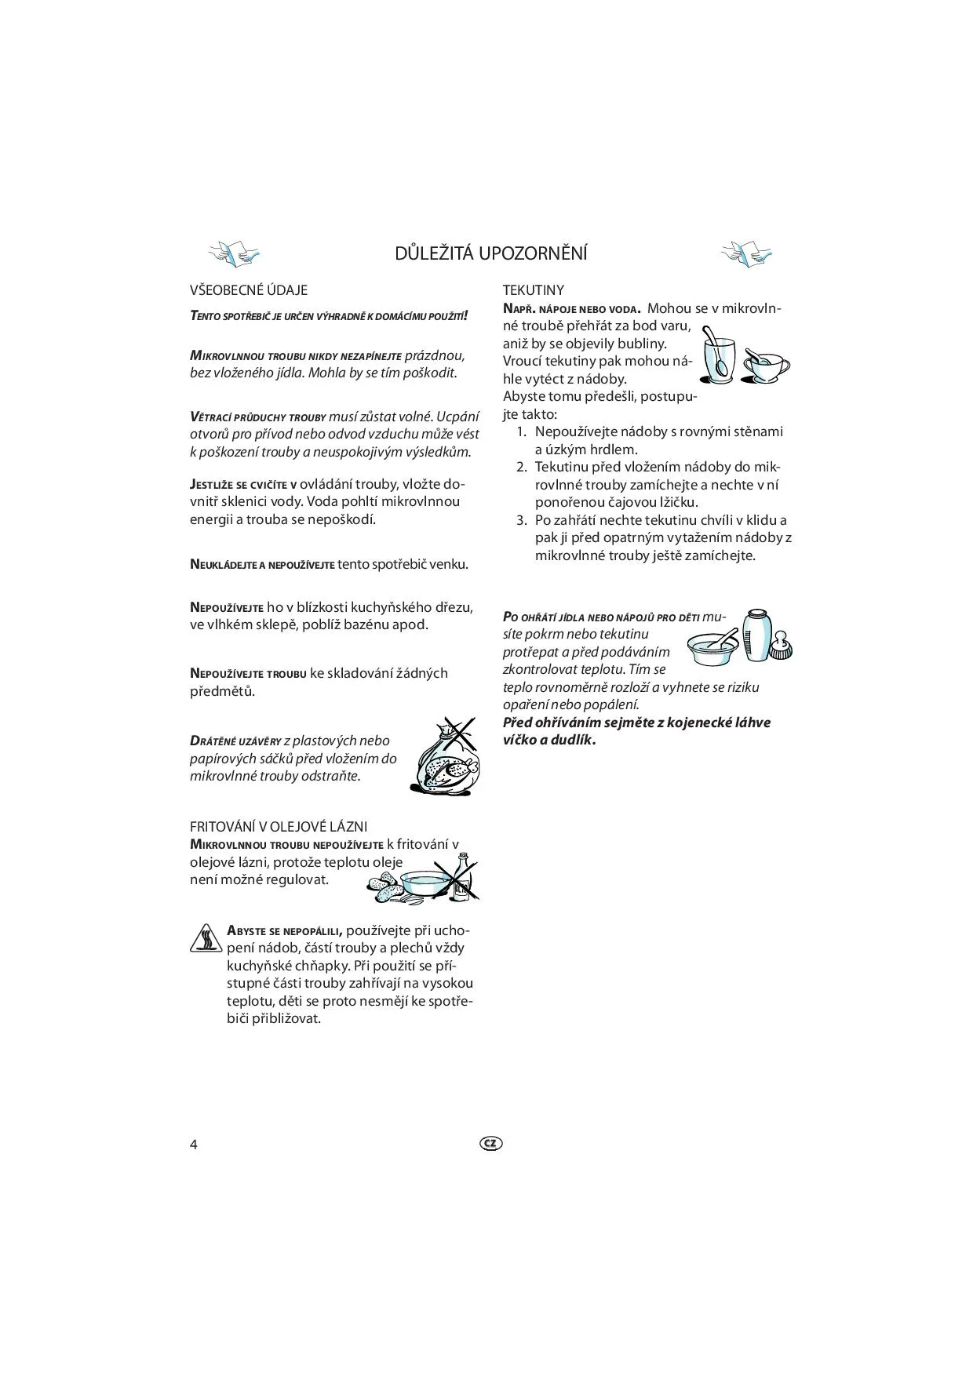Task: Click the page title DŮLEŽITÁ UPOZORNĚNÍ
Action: pos(491,253)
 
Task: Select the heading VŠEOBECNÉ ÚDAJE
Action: pos(249,290)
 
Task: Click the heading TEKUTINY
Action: pos(533,290)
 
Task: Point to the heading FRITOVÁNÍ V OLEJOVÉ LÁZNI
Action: pos(279,827)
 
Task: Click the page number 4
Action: pos(194,1144)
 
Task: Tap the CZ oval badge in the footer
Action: pos(490,1143)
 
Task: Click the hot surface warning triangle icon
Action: pos(206,937)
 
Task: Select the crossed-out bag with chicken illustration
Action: pos(445,757)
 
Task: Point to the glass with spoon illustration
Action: pos(718,357)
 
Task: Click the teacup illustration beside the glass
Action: pos(767,365)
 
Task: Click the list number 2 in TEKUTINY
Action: pos(521,468)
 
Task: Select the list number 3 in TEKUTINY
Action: pos(521,520)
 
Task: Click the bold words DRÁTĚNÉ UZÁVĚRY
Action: pos(235,741)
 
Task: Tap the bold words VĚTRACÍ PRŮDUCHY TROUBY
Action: pos(257,417)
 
